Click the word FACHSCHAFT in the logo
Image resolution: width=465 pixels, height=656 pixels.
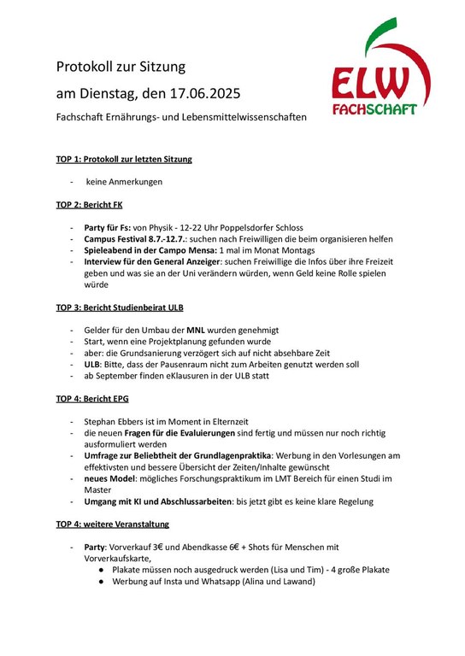pyautogui.click(x=375, y=109)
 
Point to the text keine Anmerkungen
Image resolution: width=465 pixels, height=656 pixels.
pyautogui.click(x=123, y=182)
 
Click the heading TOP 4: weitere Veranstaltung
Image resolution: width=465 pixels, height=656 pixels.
pyautogui.click(x=113, y=524)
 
